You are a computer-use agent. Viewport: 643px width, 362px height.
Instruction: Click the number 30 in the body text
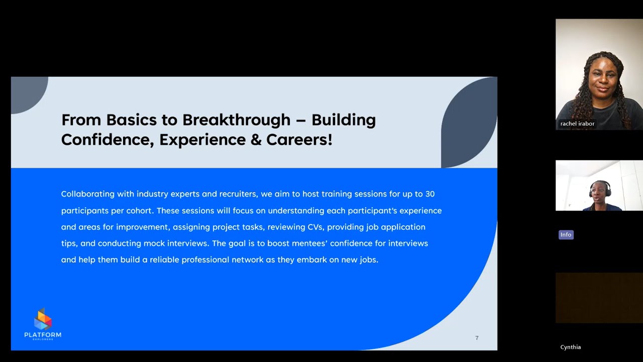tap(430, 194)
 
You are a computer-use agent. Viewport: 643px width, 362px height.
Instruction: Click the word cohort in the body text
tap(139, 211)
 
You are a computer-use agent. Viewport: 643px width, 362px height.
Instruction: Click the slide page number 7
tap(477, 338)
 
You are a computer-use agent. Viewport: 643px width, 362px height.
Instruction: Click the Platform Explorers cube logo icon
tap(43, 319)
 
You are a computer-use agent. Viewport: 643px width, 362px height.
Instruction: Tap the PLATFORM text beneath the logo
tap(43, 335)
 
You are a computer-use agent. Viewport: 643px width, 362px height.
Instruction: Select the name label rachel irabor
tap(577, 124)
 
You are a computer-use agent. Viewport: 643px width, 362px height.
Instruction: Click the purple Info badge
tap(566, 235)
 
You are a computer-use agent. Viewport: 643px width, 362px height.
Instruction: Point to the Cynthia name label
tap(570, 347)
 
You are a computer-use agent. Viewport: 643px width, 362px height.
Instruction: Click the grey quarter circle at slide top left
tap(28, 93)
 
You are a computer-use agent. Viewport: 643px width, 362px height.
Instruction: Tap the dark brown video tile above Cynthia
tap(599, 298)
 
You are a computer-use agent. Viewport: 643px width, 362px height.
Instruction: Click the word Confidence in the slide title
tap(107, 140)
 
